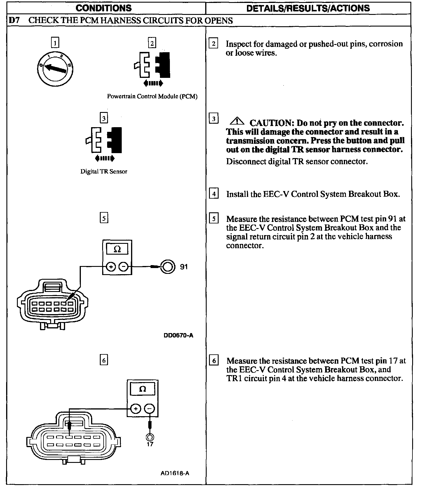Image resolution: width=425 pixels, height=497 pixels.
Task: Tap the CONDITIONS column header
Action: click(104, 8)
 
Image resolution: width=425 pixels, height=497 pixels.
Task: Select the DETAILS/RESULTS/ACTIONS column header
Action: click(308, 8)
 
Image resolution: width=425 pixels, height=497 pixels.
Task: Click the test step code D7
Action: click(14, 20)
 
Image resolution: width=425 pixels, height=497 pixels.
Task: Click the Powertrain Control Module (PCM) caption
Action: click(152, 96)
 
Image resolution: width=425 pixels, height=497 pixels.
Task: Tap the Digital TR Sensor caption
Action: click(104, 171)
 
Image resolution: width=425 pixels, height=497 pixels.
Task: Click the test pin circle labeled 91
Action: click(168, 267)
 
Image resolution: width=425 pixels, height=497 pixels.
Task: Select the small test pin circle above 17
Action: click(150, 437)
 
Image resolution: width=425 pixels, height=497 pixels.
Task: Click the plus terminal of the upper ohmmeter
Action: click(111, 267)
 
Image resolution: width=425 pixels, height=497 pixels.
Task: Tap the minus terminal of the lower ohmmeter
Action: click(149, 409)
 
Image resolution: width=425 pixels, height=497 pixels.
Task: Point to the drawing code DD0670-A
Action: click(178, 335)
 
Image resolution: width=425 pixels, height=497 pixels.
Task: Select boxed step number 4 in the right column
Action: click(214, 194)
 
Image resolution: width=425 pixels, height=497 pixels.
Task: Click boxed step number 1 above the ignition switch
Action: click(55, 43)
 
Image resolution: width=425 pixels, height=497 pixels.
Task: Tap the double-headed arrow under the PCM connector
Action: click(153, 84)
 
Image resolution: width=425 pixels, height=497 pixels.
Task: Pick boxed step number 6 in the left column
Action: click(104, 360)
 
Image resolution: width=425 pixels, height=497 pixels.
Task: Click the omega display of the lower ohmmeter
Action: click(142, 389)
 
